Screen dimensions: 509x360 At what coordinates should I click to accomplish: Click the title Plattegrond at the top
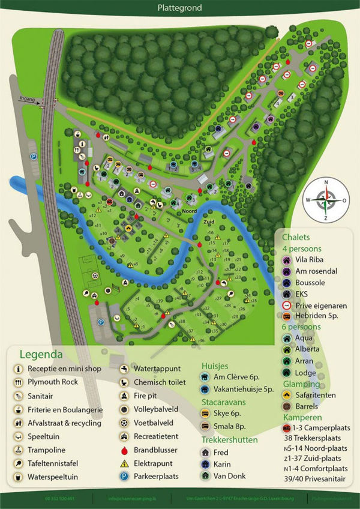click(x=180, y=8)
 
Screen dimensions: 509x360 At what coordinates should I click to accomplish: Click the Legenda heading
click(x=41, y=354)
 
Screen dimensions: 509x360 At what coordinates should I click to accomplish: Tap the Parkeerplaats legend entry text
click(x=156, y=477)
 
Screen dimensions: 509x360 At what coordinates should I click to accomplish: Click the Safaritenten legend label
click(x=316, y=395)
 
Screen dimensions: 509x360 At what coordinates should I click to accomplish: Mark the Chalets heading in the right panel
click(x=296, y=237)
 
